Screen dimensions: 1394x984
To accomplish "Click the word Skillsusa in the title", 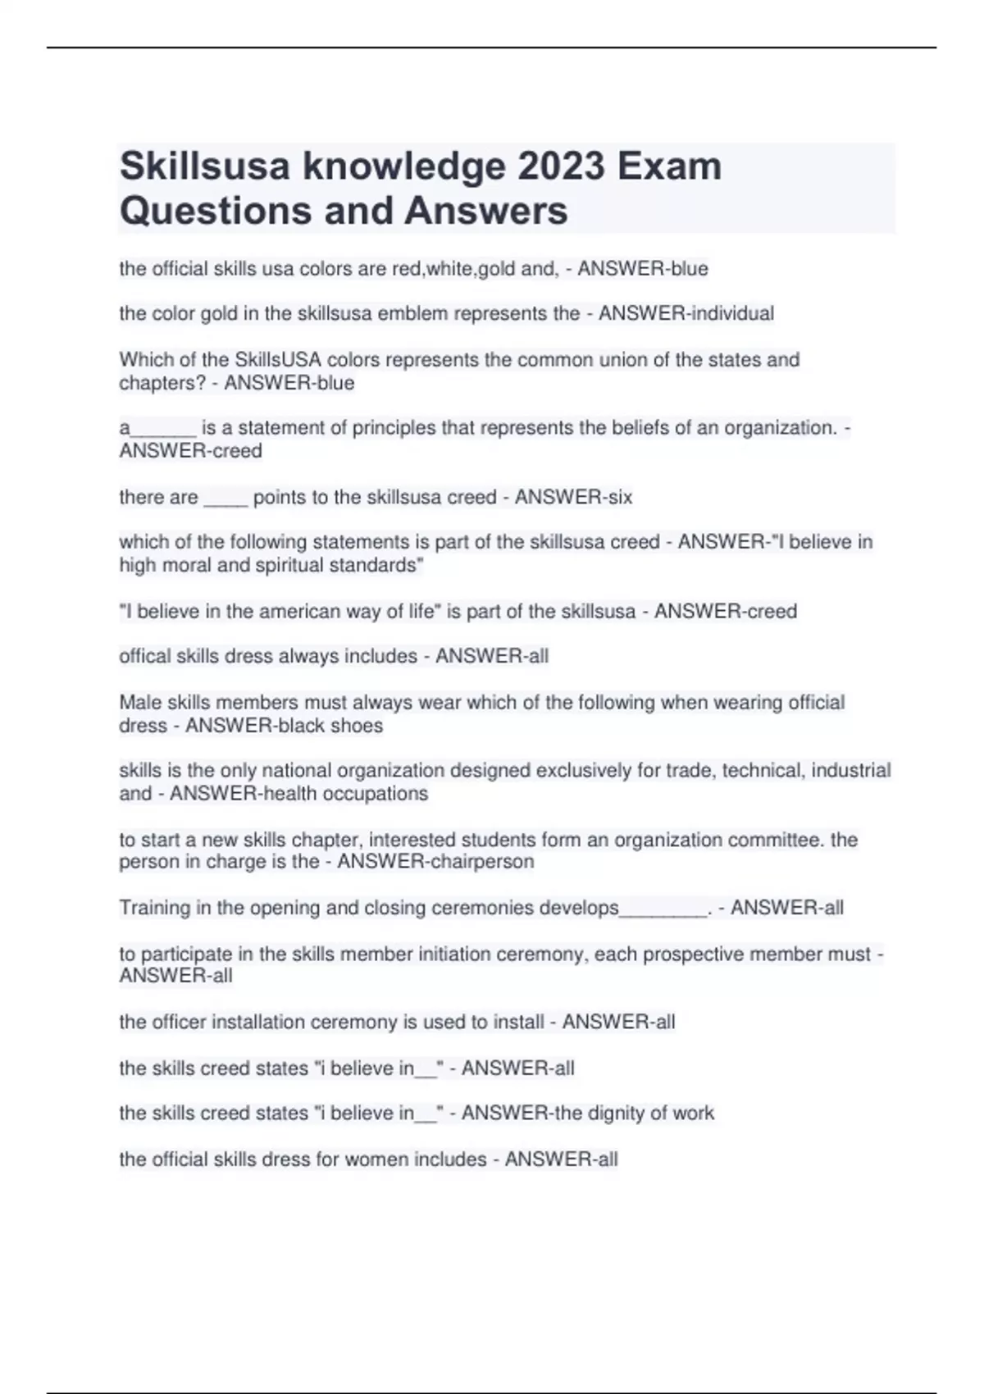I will [205, 166].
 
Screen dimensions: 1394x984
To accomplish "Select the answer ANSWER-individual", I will [686, 313].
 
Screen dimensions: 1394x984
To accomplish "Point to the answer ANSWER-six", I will [573, 497].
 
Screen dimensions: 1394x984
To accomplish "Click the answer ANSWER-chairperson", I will [435, 862].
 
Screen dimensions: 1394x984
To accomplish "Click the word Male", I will [140, 703].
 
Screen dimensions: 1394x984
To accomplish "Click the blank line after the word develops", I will [663, 910].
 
